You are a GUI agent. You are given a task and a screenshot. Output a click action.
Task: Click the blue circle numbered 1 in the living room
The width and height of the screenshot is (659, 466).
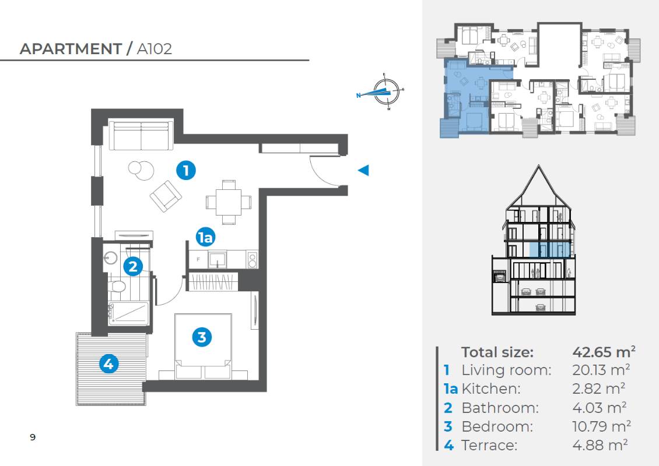[186, 171]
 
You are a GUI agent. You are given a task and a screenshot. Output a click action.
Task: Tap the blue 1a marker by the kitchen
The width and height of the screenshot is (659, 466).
[205, 238]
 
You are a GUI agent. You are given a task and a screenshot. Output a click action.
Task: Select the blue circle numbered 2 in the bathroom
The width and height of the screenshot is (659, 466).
[133, 266]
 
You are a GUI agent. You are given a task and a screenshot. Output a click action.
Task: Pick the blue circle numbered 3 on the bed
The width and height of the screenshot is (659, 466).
[202, 337]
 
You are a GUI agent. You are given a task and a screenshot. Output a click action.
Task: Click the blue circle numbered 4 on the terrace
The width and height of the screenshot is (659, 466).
[109, 363]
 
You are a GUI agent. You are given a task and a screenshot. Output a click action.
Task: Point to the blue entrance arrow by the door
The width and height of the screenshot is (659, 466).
[363, 170]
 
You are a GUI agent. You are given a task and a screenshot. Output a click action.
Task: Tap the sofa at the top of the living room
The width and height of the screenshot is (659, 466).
[141, 135]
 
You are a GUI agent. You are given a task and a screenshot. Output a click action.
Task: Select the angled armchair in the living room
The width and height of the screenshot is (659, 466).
[166, 196]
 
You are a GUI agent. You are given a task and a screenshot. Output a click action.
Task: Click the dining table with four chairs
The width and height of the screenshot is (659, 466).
[229, 202]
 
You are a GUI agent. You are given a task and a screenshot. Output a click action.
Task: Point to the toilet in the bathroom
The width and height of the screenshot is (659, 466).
[117, 287]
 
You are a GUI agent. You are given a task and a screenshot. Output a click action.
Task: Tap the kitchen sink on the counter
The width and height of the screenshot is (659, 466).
[218, 259]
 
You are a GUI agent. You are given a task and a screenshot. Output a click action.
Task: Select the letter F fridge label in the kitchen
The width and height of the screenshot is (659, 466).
[198, 259]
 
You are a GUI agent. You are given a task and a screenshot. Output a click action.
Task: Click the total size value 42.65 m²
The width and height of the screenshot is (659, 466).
[604, 352]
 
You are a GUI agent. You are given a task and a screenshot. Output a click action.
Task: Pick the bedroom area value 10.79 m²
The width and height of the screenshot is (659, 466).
[601, 426]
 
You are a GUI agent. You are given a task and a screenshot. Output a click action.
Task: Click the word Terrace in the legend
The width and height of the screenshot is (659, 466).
[489, 445]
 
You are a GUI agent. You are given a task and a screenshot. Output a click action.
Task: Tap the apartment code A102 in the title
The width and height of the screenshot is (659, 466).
[155, 49]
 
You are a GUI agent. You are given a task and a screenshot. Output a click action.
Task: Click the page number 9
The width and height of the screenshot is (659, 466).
[33, 437]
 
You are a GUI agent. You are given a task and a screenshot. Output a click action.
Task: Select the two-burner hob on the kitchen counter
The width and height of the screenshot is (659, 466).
[252, 260]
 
